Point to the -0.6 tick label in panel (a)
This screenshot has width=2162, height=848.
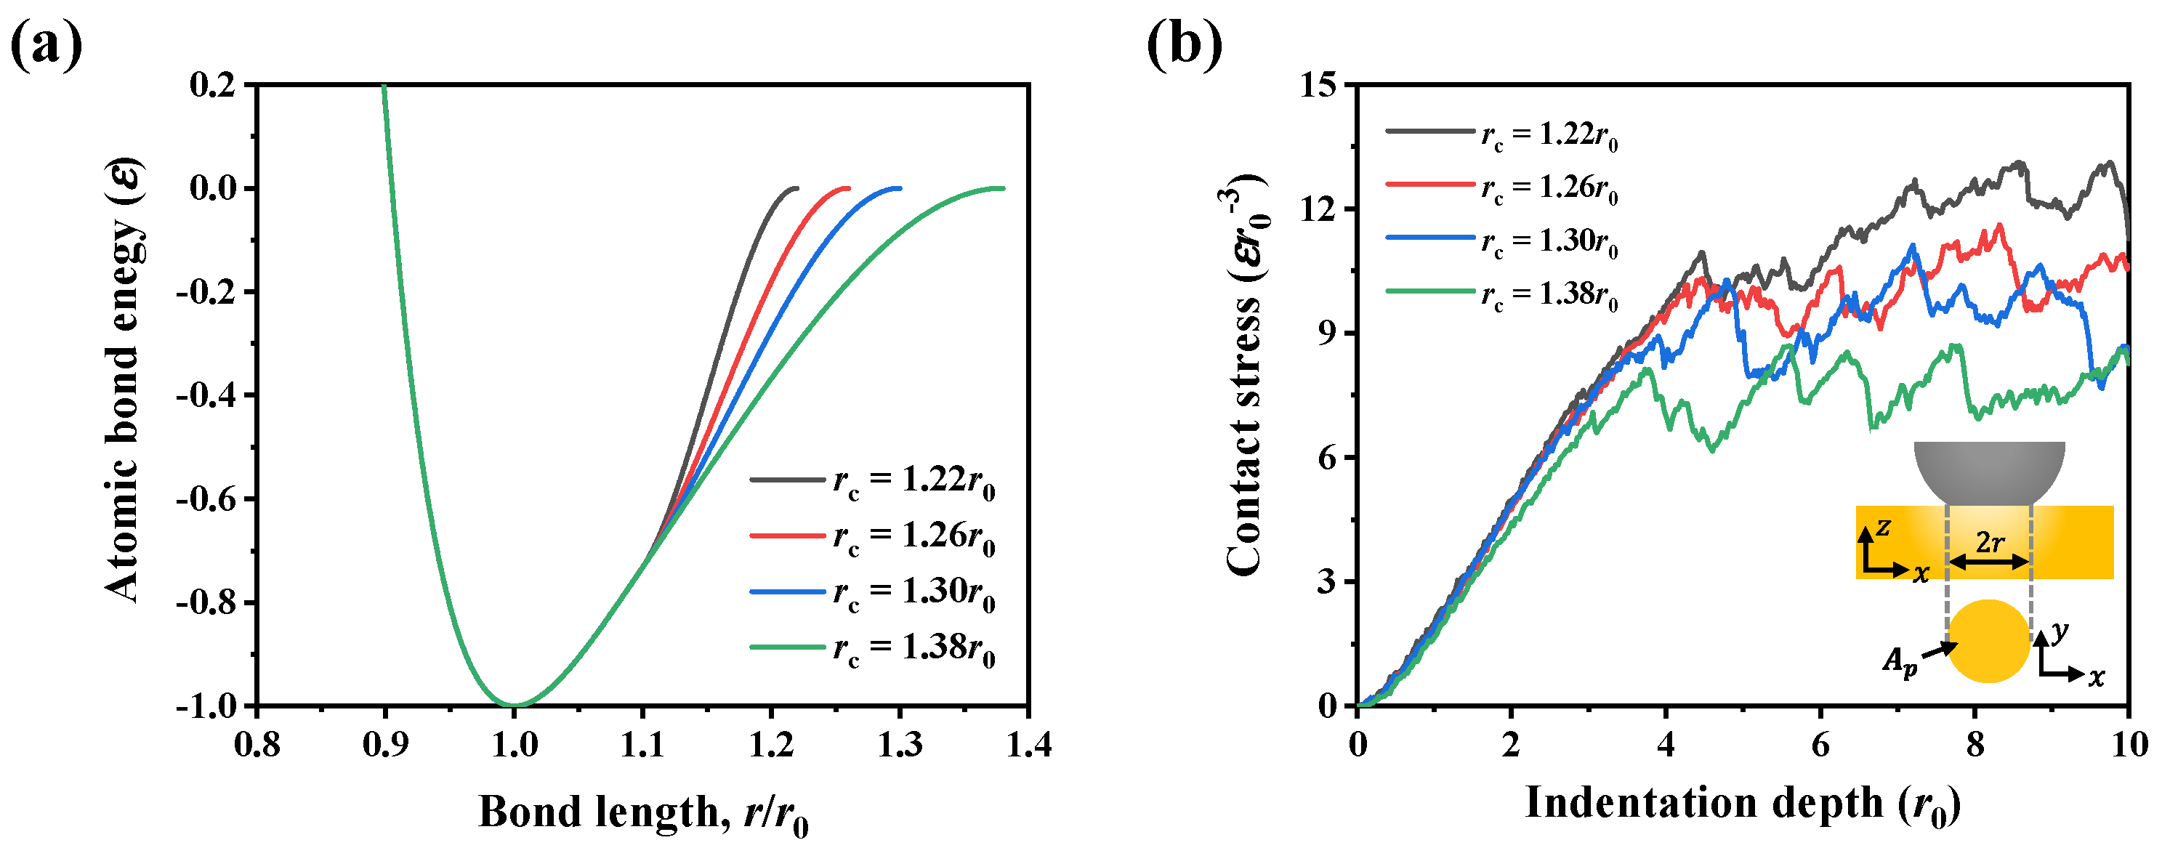point(205,498)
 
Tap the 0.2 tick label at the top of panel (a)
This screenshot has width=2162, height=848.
point(212,85)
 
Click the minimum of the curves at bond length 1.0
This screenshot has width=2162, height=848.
point(514,704)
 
